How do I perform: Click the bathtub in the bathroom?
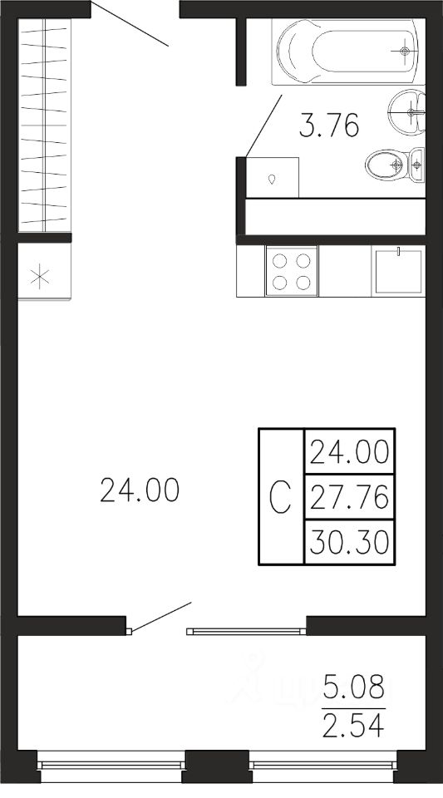point(348,52)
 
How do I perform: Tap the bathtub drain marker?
point(404,51)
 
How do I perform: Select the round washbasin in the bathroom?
point(407,112)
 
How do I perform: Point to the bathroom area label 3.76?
point(328,126)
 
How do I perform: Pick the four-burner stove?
point(292,271)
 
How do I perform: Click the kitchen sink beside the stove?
point(398,271)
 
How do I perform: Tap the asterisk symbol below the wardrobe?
point(39,278)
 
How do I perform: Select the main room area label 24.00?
point(140,490)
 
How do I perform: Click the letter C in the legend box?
point(280,497)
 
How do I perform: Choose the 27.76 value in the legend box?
point(349,497)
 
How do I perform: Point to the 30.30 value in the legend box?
point(349,542)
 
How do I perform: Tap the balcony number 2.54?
point(354,727)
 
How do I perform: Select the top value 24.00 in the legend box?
point(349,452)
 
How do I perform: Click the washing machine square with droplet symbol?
point(272,178)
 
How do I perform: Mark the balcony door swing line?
point(160,618)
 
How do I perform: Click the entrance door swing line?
point(130,24)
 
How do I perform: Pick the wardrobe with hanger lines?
point(44,126)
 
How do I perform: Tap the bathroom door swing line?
point(263,126)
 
